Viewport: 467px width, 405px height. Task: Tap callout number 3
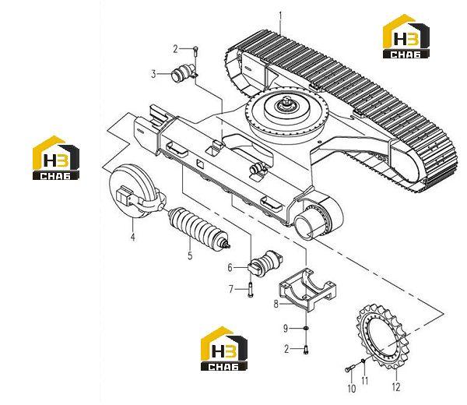[153, 74]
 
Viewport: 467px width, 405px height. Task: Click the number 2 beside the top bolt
[175, 49]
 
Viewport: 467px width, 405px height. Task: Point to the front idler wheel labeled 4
[136, 192]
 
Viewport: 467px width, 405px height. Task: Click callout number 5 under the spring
[190, 255]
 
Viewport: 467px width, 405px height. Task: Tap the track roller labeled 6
[265, 262]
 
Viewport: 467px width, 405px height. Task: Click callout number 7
[231, 289]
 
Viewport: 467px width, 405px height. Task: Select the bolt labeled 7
[250, 290]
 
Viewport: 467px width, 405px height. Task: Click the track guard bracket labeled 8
[307, 289]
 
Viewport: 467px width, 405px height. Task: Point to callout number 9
[286, 329]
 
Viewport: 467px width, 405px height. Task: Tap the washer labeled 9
[305, 329]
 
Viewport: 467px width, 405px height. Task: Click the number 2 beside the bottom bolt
[286, 349]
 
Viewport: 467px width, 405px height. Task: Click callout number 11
[365, 381]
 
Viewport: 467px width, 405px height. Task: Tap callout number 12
[396, 387]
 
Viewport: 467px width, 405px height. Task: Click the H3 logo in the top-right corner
[406, 36]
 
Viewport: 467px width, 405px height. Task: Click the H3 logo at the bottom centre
[224, 348]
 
